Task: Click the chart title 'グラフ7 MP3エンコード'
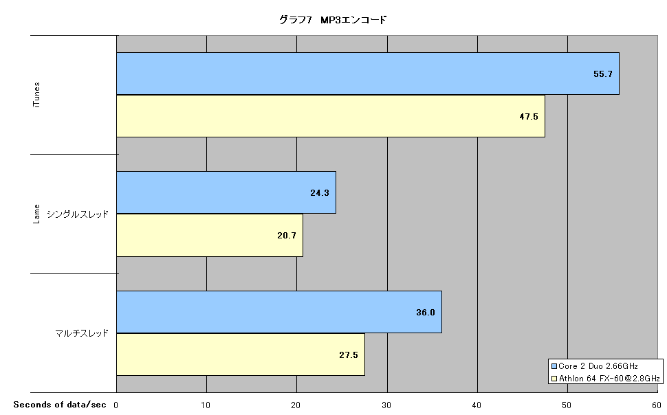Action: coord(333,19)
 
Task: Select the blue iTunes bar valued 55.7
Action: coord(368,74)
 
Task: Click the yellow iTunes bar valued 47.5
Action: coord(331,116)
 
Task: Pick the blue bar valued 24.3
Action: coord(226,192)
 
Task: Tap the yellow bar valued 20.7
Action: coord(210,235)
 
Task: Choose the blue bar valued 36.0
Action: coord(279,312)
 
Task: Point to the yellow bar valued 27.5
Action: coord(241,355)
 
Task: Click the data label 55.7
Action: coord(603,74)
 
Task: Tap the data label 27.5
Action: coord(349,355)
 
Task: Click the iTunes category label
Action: coord(36,95)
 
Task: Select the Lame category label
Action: coord(36,214)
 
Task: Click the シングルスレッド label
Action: coord(78,214)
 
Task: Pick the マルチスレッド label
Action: coord(82,333)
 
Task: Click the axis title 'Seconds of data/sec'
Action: coord(60,405)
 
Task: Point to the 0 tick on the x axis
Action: coord(116,405)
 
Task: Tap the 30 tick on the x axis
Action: coord(386,405)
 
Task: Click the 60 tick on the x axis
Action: coord(657,405)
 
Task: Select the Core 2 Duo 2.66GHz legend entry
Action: coord(595,366)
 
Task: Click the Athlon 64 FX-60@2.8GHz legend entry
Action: coord(606,379)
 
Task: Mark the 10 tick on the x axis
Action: coord(206,405)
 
